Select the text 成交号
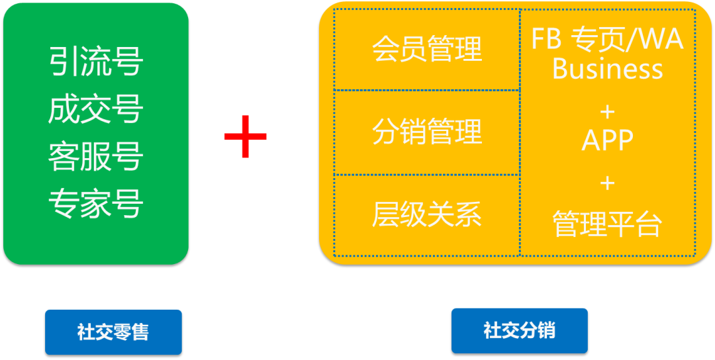96,110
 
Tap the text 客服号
96,157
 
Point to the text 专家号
96,204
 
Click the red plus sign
246,136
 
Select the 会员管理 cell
427,50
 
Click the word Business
608,69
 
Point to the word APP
608,140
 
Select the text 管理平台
608,225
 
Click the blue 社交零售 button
113,332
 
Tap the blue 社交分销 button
520,330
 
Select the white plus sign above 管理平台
608,182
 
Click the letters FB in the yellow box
547,40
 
